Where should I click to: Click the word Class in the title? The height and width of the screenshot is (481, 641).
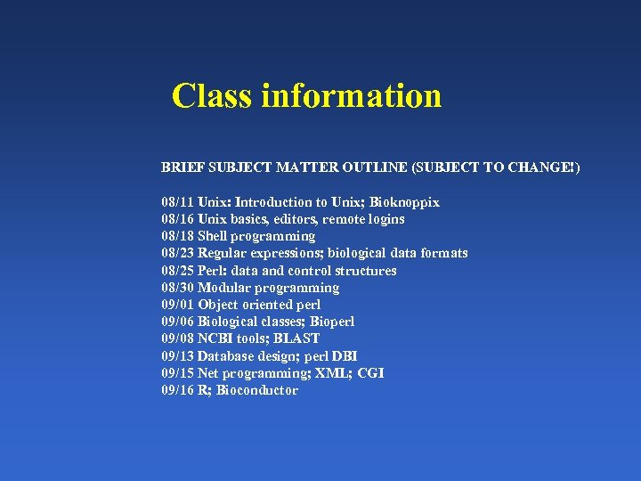point(212,96)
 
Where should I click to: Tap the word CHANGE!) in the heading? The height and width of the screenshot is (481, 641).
point(545,167)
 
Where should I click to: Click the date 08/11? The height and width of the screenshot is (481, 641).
point(178,202)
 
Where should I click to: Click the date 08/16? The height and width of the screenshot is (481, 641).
point(178,219)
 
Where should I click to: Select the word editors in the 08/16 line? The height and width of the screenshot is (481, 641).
point(295,219)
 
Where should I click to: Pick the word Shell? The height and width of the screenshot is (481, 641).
point(212,236)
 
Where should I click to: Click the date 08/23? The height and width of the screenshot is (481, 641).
point(178,253)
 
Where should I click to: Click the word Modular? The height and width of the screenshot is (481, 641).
point(223,288)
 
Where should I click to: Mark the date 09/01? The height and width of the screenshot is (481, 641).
point(178,305)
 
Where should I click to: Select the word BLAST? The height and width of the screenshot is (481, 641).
point(297,338)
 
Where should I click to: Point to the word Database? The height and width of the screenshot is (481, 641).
point(226,356)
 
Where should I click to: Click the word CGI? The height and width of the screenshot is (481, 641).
point(370,373)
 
